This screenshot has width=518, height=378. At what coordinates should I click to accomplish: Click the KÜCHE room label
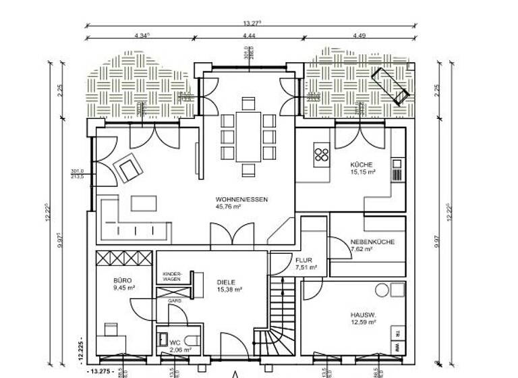[x=362, y=165]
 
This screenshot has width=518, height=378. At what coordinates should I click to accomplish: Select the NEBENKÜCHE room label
[x=372, y=242]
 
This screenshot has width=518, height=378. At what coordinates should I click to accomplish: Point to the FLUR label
[x=303, y=260]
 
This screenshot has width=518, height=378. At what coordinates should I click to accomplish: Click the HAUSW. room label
[x=362, y=314]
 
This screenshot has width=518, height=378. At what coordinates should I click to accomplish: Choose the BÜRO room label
[x=122, y=279]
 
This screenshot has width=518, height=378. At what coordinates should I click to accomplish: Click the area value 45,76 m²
[x=229, y=207]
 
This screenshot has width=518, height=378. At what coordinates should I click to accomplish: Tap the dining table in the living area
[x=248, y=136]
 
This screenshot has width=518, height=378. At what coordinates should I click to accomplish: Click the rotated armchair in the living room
[x=127, y=167]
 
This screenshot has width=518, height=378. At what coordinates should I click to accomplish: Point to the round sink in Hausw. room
[x=382, y=291]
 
